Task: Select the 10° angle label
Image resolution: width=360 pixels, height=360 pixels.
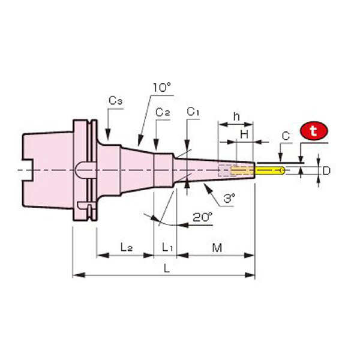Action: [x=161, y=88]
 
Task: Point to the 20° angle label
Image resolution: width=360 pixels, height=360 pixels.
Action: [x=202, y=217]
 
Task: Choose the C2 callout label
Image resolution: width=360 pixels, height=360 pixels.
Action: [x=163, y=112]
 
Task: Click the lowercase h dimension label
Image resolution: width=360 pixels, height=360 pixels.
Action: [x=236, y=116]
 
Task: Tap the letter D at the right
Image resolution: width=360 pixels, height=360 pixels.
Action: [x=326, y=171]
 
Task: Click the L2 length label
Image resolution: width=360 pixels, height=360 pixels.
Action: [x=126, y=246]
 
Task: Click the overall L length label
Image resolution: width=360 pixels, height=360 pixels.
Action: [x=167, y=269]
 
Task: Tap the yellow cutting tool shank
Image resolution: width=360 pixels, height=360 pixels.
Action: [x=269, y=171]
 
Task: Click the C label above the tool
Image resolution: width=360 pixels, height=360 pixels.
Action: [x=286, y=137]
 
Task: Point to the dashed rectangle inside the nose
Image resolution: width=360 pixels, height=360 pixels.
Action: [x=224, y=170]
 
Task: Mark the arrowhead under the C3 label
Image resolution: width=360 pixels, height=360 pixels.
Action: [x=107, y=139]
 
